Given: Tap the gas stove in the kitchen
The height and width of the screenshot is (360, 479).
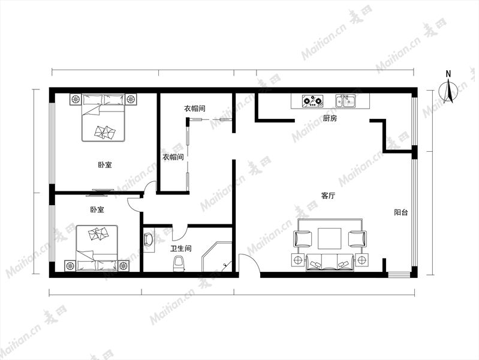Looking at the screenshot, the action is pos(312,101).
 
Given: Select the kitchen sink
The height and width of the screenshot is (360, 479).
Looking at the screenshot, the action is pos(345,101).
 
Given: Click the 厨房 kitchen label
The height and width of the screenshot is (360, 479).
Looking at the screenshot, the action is pos(330,118).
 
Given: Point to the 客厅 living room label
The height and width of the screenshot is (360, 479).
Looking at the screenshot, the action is pos(329,196).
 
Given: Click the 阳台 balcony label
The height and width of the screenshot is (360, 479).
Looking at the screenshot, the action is pos(401,212).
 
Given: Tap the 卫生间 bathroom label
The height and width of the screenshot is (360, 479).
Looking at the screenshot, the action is pos(181,248).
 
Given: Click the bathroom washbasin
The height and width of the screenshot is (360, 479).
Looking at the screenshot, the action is pos(149,240).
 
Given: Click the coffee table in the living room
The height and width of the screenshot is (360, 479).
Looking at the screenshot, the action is pos(330,239).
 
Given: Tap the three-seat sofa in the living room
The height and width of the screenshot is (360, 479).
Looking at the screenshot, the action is pos(330,262).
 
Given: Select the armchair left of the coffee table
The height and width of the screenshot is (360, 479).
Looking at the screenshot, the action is pos(303,238).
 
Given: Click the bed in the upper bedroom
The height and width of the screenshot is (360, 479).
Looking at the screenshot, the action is pos(103,118).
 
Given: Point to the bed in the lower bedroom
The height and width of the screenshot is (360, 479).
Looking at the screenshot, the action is pos(97,248).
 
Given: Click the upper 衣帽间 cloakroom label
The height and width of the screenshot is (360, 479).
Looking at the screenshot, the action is pos(195,109).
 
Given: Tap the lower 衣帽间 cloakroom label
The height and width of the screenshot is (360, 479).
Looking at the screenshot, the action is pos(173,157).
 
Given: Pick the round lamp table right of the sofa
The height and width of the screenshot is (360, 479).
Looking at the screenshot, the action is pos(361,260).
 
